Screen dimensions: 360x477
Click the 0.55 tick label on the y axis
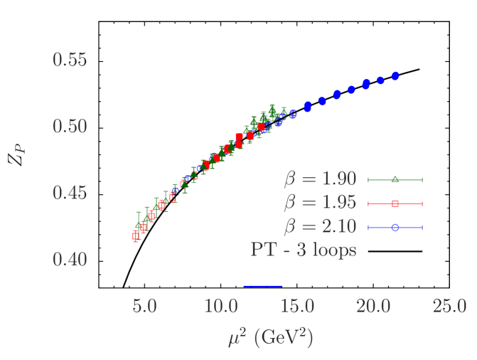pos(70,60)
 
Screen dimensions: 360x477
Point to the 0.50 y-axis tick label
pos(70,126)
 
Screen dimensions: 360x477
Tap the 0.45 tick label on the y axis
pos(70,193)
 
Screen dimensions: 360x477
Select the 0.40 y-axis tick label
pos(70,259)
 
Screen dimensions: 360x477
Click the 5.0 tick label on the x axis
pos(144,307)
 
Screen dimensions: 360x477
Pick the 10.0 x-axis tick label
pos(220,307)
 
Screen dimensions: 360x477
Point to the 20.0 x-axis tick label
pos(373,307)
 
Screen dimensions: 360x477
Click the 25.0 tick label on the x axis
pos(449,307)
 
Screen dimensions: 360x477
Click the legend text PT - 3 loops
pos(303,250)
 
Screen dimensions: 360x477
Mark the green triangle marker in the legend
pos(395,179)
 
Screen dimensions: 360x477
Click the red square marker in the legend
pos(395,203)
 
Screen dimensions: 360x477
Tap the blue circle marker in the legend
pos(395,227)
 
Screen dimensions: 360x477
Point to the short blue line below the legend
pos(262,286)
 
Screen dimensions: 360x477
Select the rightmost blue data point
pos(395,75)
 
